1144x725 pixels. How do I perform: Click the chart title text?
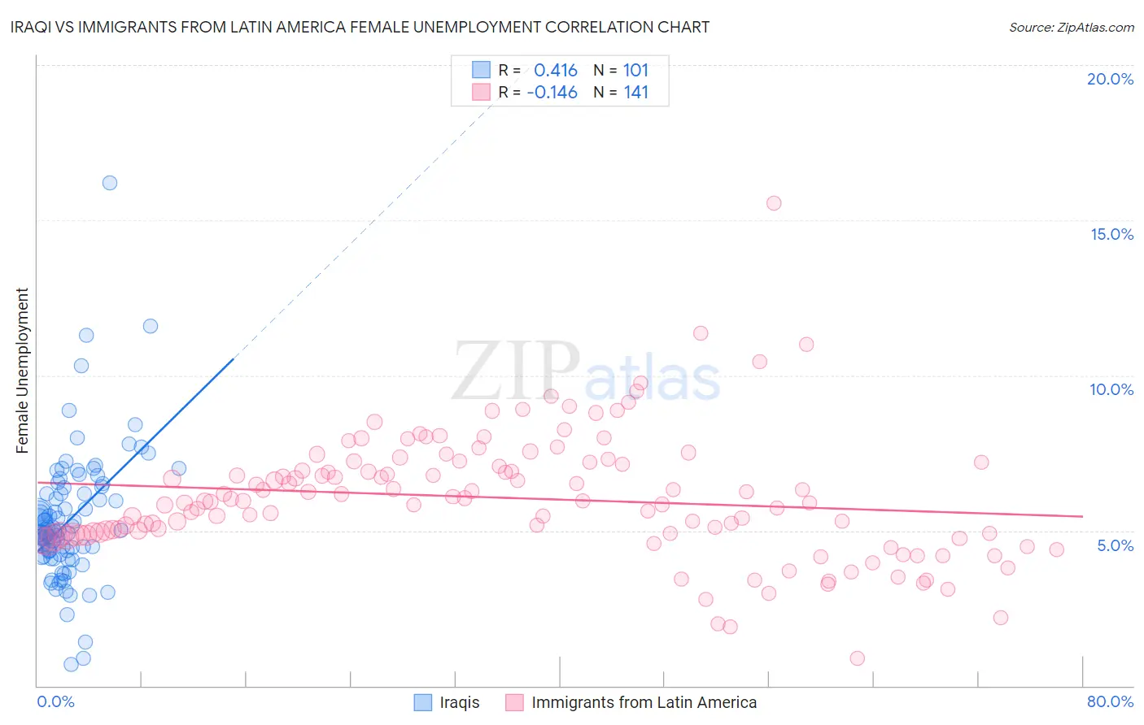(360, 27)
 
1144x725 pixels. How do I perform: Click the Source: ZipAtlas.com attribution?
(1071, 27)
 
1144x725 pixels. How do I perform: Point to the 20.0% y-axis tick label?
(1110, 79)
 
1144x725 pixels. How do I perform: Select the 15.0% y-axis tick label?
(1111, 234)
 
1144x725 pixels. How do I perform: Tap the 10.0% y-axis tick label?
(1111, 389)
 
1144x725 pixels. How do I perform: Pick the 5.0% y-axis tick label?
(1115, 545)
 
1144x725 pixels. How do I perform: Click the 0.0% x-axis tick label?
(55, 701)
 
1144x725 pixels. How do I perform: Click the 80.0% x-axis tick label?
(1110, 701)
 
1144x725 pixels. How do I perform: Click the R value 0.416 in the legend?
(556, 71)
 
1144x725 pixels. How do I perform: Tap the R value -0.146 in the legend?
(552, 93)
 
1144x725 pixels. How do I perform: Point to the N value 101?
(635, 71)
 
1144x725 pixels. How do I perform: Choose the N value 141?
(635, 93)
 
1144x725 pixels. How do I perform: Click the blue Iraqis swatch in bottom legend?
(423, 702)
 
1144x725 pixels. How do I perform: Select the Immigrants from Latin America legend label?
(644, 702)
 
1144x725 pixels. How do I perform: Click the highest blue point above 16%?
(110, 183)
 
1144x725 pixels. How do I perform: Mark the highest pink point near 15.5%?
(774, 203)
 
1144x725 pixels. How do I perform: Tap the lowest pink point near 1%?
(857, 658)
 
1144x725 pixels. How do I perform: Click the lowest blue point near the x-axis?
(72, 664)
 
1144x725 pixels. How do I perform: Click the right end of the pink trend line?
(1082, 516)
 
